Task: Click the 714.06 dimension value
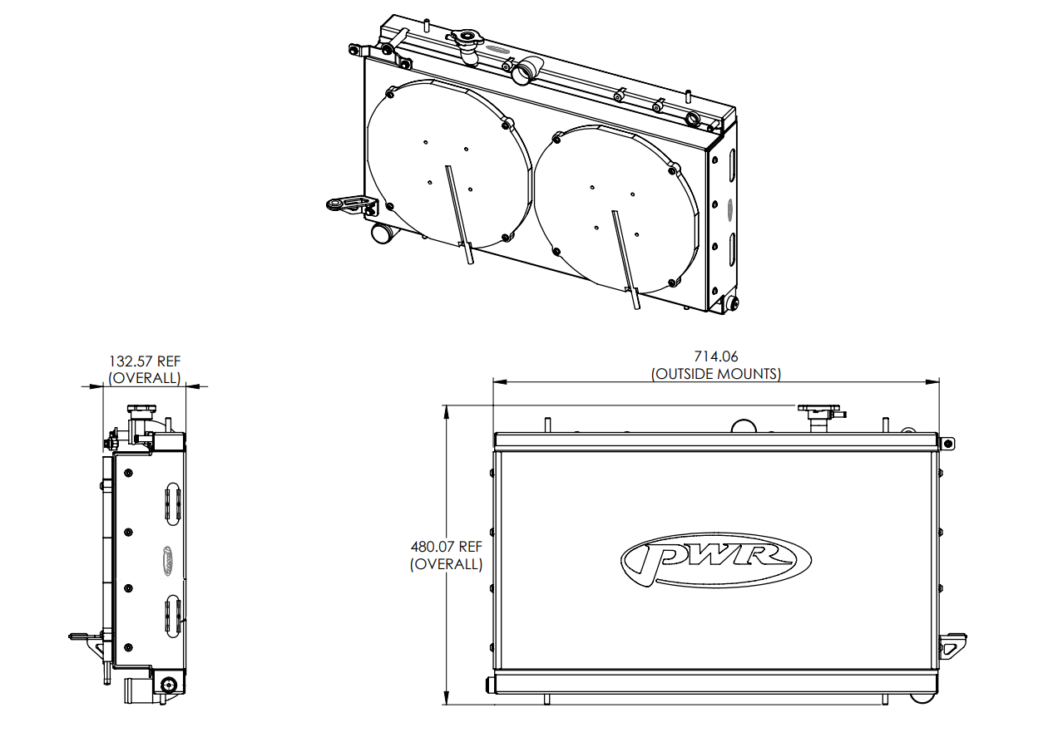click(715, 358)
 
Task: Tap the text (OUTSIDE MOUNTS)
click(715, 374)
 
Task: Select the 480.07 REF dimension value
click(446, 548)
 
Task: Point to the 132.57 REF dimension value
click(145, 361)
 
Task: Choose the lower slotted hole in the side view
click(172, 615)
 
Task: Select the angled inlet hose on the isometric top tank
click(526, 71)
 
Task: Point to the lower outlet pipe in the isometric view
click(382, 233)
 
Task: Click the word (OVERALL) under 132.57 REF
click(145, 378)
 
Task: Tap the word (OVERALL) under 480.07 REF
click(446, 564)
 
